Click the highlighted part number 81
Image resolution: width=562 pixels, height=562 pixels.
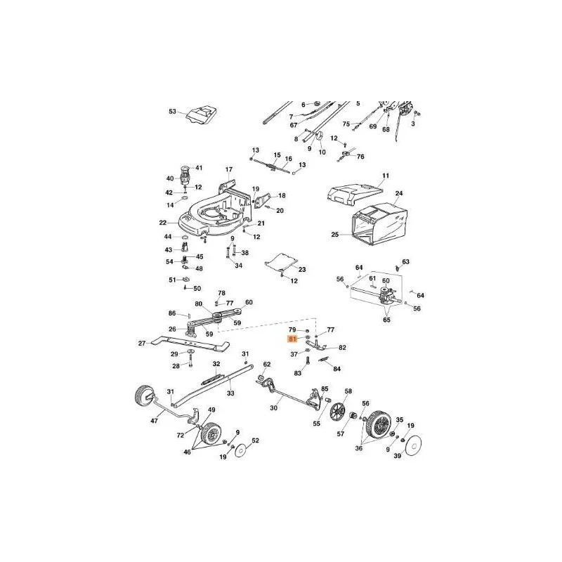(292, 339)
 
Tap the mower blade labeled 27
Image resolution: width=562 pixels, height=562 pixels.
(190, 342)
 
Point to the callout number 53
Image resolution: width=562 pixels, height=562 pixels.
(172, 112)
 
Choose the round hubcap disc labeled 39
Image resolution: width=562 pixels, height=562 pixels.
(413, 445)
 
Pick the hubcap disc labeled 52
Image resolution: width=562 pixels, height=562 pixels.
(242, 450)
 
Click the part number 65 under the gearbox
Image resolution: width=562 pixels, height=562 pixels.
(387, 320)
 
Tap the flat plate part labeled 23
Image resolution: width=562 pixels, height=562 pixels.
(282, 262)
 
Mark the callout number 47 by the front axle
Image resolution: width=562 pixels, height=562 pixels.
(154, 421)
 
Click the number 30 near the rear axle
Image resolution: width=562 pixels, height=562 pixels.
(273, 408)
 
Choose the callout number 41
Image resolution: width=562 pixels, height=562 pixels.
(199, 168)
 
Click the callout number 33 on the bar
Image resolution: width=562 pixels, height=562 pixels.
(230, 393)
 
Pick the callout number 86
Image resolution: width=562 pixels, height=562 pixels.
(172, 313)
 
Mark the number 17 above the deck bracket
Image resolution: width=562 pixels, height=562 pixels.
(229, 169)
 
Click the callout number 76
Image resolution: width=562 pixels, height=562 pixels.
(360, 157)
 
